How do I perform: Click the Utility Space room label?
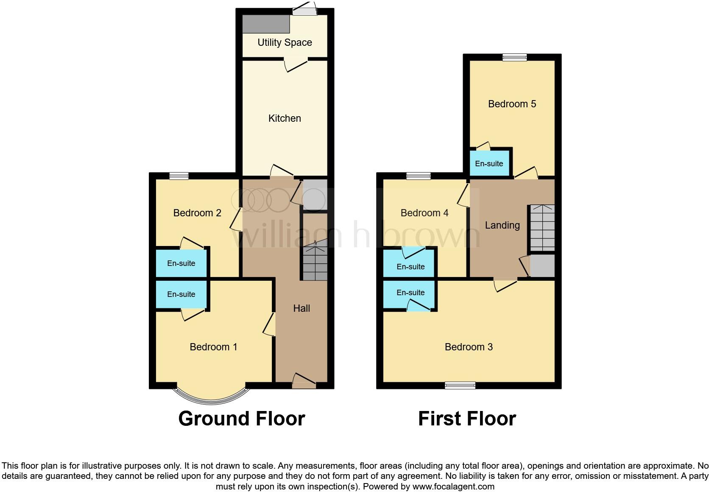click(x=285, y=42)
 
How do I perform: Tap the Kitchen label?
click(x=285, y=118)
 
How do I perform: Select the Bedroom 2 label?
click(x=197, y=213)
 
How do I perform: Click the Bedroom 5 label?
click(x=512, y=104)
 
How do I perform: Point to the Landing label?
click(x=502, y=225)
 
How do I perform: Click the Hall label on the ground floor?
click(x=301, y=308)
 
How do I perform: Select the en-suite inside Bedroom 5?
click(x=489, y=164)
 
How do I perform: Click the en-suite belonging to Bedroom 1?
click(x=181, y=294)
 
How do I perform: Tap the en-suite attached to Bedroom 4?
click(x=410, y=267)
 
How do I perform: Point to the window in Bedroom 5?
click(x=515, y=57)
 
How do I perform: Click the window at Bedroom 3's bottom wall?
click(x=460, y=385)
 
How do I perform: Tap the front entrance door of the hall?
click(x=304, y=384)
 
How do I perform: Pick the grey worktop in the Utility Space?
click(x=266, y=24)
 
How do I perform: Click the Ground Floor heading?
click(x=241, y=419)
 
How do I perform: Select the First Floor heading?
click(x=467, y=419)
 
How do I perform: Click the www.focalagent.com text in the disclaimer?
click(x=453, y=486)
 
